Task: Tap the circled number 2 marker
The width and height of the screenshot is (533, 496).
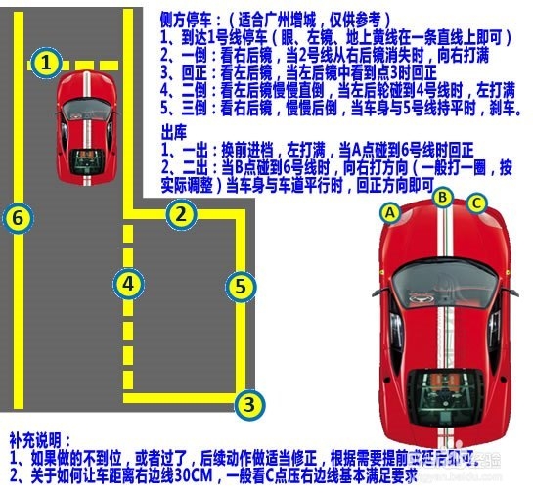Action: click(180, 212)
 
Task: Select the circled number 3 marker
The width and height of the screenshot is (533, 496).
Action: click(249, 402)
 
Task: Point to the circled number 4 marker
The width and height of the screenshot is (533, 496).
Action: click(128, 284)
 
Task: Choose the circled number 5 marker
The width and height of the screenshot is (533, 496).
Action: click(240, 287)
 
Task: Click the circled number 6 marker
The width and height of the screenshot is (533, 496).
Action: click(17, 217)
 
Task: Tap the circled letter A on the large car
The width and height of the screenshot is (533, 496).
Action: click(390, 211)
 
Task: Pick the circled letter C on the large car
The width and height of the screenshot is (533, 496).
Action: click(476, 203)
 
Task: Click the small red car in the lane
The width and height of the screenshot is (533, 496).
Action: click(87, 127)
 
